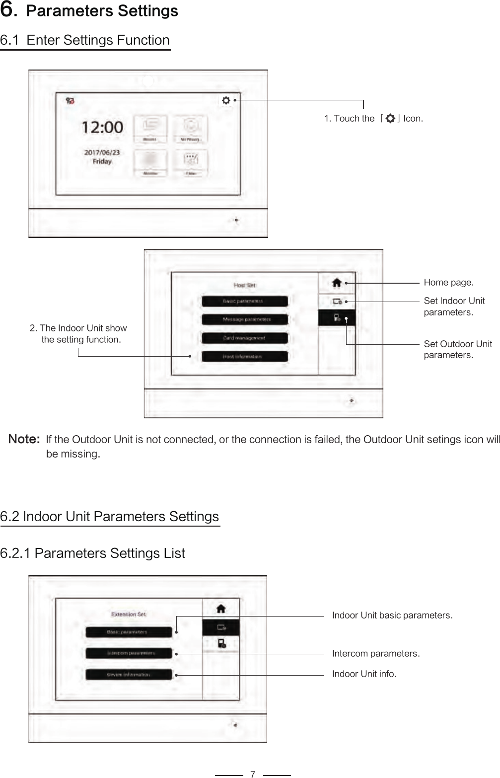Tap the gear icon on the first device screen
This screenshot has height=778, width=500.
coord(226,100)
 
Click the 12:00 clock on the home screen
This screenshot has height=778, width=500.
coord(102,127)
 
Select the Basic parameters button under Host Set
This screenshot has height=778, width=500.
coord(244,301)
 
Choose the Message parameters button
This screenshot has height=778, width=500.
coord(244,319)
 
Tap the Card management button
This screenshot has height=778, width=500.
coord(244,338)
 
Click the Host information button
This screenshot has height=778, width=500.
coord(244,356)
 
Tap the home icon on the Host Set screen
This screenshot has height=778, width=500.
coord(337,283)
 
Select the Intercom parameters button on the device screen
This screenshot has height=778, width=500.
coord(129,653)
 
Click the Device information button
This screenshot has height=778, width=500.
coord(129,675)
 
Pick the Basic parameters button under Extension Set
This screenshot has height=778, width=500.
coord(129,632)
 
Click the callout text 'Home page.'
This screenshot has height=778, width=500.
coord(448,283)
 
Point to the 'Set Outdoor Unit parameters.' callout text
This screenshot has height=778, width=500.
coord(457,349)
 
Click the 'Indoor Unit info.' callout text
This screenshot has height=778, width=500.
coord(364,674)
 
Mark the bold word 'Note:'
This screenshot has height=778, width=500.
coord(24,439)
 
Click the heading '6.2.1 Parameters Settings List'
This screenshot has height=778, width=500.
coord(92,553)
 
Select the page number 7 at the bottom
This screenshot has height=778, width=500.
coord(253,774)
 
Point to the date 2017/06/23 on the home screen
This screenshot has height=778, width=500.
coord(102,153)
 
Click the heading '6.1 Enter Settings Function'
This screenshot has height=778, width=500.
coord(85,40)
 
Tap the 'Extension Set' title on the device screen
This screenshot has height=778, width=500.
coord(129,614)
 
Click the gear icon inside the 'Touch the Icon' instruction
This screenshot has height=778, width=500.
coord(390,119)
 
